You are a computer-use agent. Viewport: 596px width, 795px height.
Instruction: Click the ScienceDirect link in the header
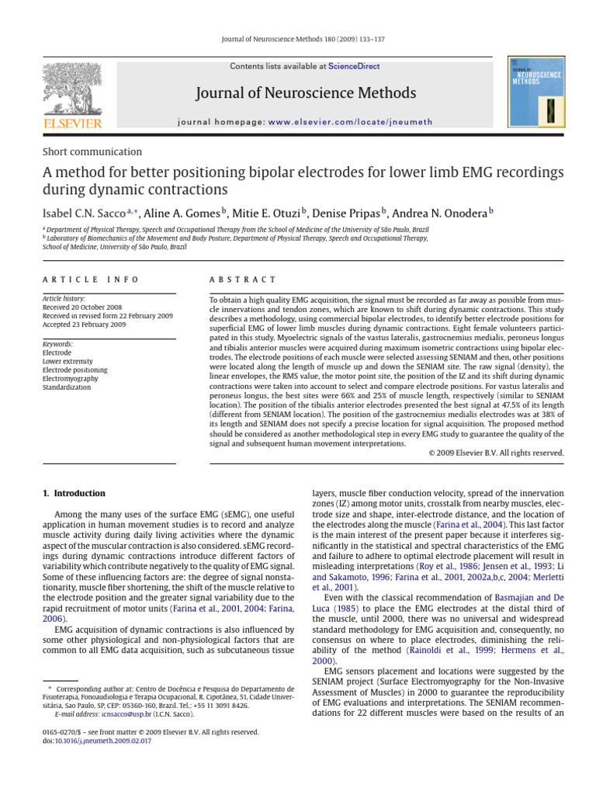[x=354, y=67]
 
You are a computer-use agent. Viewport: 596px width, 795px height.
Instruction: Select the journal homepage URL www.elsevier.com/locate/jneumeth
[x=351, y=122]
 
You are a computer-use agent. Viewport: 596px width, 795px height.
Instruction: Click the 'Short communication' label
[x=92, y=152]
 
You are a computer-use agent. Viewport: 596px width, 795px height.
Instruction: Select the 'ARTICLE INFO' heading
[x=91, y=279]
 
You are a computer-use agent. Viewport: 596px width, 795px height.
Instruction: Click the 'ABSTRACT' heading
[x=243, y=279]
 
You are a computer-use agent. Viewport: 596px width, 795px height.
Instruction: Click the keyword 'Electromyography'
[x=71, y=378]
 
